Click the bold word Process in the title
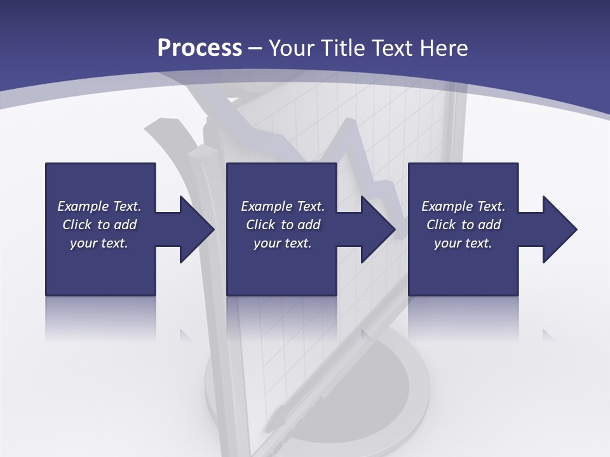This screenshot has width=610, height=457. click(x=200, y=48)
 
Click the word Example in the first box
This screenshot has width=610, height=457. click(x=83, y=206)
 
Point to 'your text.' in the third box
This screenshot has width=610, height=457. click(x=463, y=243)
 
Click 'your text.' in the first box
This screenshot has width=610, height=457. click(x=99, y=243)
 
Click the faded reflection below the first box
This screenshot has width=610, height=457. click(x=100, y=317)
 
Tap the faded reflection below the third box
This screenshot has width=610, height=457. click(x=463, y=317)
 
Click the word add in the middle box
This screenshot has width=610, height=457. click(x=308, y=225)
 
